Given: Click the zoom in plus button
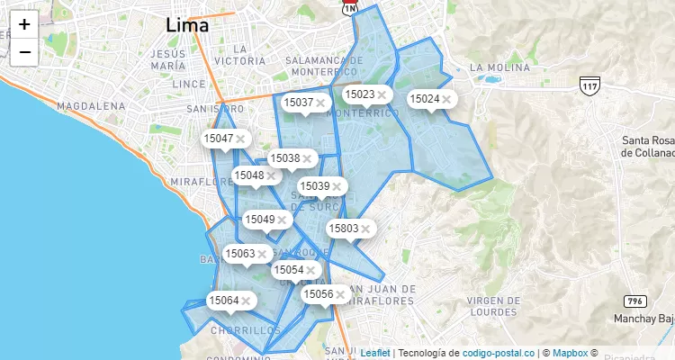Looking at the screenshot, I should click(24, 25).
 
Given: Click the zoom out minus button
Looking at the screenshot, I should click(24, 52).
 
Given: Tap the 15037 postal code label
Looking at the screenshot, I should click(299, 103).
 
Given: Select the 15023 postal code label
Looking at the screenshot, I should click(360, 94).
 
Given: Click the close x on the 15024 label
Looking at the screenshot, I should click(447, 99).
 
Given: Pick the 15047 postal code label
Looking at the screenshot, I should click(219, 139).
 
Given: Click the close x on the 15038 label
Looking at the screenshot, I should click(308, 158).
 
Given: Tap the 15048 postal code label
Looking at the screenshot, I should click(248, 175).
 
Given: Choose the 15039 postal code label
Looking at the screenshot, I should click(315, 186).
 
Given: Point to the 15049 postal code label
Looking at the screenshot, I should click(259, 220).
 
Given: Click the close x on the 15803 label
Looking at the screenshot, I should click(366, 229).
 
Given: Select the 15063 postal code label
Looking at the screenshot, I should click(240, 255).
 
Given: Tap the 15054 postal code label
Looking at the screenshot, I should click(289, 270).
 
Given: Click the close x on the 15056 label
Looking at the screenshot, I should click(341, 294).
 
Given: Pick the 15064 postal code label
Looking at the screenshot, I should click(223, 301).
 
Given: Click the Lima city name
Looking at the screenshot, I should click(187, 26).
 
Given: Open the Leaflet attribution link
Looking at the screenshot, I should click(375, 353).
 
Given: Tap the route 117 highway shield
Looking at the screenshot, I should click(590, 86).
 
